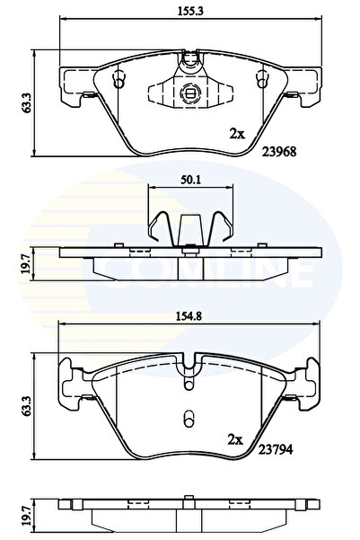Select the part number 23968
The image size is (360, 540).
(278, 152)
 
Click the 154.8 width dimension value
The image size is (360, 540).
(188, 314)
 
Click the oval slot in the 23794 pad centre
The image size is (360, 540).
(189, 420)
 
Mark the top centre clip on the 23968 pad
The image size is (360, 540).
(189, 61)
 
